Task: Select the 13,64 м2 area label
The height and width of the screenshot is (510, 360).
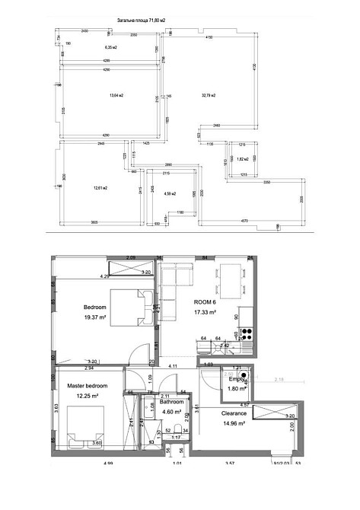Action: tap(116, 96)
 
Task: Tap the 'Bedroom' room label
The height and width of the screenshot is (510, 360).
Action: tap(94, 307)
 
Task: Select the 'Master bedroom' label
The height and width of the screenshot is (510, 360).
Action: tap(87, 387)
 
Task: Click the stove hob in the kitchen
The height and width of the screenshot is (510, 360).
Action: tap(245, 333)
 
